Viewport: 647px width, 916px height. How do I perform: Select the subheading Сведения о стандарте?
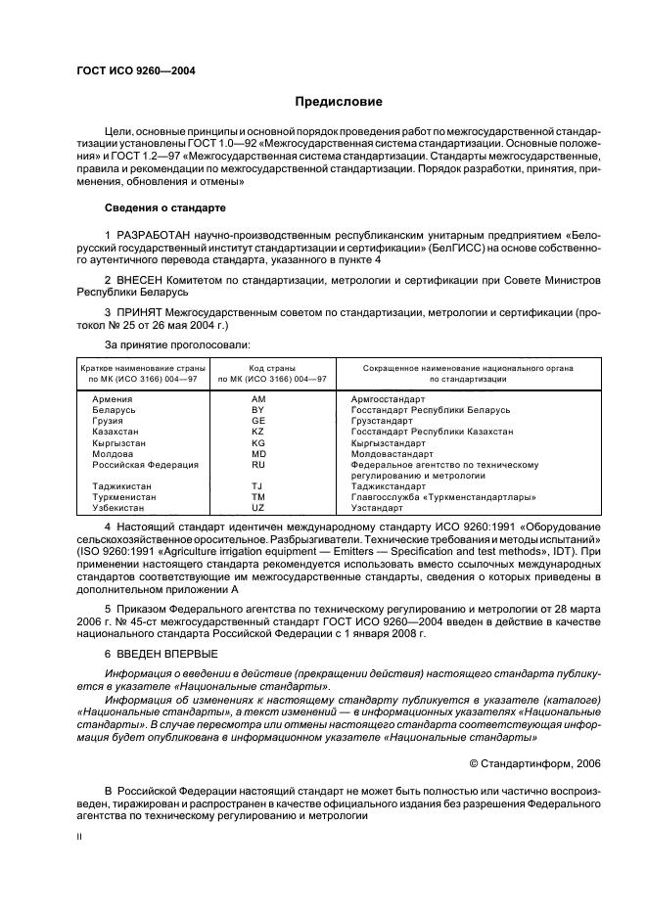coord(165,208)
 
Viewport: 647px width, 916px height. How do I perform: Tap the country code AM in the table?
coord(258,400)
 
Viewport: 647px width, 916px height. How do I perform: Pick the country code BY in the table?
coord(258,410)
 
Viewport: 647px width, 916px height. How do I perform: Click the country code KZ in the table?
coord(258,432)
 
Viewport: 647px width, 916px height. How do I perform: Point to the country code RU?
coord(258,464)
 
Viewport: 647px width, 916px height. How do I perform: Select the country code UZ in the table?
coord(258,508)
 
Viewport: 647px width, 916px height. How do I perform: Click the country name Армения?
coord(113,400)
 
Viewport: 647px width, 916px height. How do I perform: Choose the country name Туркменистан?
coord(123,497)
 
